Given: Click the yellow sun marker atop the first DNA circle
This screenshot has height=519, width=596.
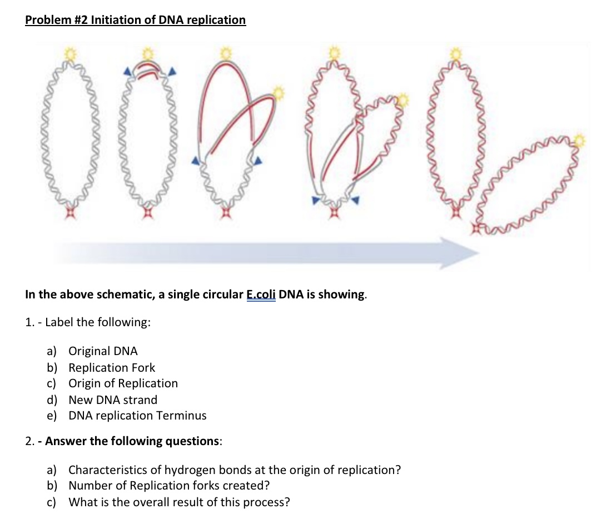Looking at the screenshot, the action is pyautogui.click(x=70, y=53).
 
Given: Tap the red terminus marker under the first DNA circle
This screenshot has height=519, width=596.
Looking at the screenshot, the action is pyautogui.click(x=70, y=213).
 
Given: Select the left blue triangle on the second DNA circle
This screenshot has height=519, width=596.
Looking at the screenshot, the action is pyautogui.click(x=128, y=71).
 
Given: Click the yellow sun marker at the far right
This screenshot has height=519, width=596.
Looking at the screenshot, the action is pyautogui.click(x=579, y=141).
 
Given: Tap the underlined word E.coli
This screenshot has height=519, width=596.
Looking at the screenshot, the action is pyautogui.click(x=261, y=295).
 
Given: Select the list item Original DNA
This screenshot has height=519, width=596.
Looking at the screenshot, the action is pyautogui.click(x=103, y=351).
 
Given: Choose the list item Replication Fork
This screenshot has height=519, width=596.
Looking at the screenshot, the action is pyautogui.click(x=112, y=367).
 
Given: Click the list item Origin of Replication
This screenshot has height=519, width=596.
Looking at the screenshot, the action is pyautogui.click(x=123, y=383).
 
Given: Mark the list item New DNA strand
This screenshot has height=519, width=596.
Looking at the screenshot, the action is pyautogui.click(x=113, y=400).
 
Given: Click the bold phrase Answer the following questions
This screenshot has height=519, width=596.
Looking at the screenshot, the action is pyautogui.click(x=132, y=441).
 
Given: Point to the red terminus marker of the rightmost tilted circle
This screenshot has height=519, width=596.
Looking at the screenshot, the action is pyautogui.click(x=476, y=228).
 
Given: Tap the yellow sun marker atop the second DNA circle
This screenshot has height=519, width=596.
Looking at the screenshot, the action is pyautogui.click(x=148, y=53).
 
